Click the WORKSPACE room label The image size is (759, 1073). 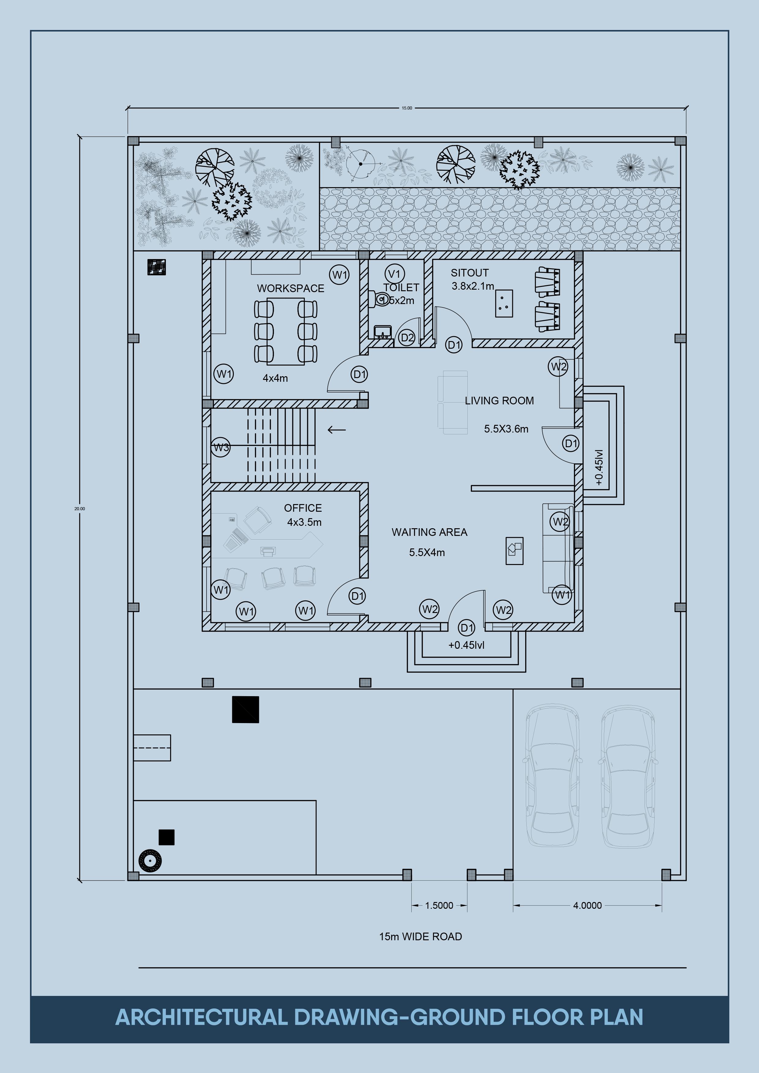290,288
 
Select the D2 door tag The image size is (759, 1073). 407,337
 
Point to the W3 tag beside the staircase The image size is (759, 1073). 221,447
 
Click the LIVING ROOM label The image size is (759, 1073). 499,400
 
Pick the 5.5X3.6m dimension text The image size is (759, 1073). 506,429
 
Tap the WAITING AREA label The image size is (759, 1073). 429,532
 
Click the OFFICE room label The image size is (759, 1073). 303,508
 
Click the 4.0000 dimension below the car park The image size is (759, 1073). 587,905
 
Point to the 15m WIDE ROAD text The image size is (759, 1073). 421,937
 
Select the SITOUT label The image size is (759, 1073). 469,273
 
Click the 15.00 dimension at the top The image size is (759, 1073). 407,108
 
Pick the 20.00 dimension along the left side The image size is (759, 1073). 80,508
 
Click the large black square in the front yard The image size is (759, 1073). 245,709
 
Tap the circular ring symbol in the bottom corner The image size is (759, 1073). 150,860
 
